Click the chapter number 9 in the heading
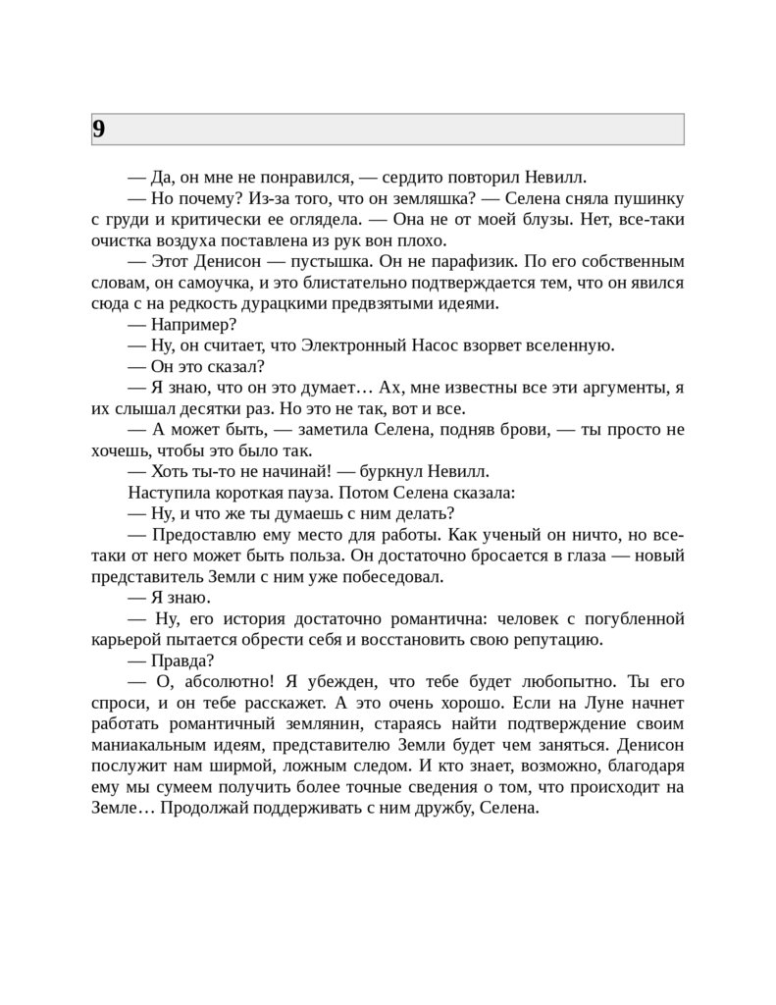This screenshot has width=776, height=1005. coord(99,130)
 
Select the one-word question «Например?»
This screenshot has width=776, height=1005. coord(193,324)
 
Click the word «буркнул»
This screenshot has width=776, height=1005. coord(389,471)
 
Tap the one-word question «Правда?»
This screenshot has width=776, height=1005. coord(182,661)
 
